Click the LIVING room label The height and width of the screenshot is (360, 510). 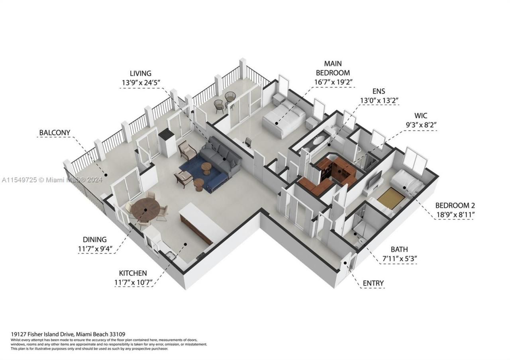141,73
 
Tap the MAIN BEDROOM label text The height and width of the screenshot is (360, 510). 333,68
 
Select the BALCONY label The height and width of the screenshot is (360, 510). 55,132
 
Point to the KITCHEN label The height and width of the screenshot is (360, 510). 133,273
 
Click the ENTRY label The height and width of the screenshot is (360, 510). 373,283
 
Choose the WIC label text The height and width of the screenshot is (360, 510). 421,115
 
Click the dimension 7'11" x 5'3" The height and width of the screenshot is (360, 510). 399,258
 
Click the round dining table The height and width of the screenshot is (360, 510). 145,209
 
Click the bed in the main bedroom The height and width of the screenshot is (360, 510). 284,119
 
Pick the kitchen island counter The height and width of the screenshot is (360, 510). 197,223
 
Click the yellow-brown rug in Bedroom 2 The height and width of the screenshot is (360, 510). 388,198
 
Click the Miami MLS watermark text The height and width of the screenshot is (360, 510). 52,180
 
